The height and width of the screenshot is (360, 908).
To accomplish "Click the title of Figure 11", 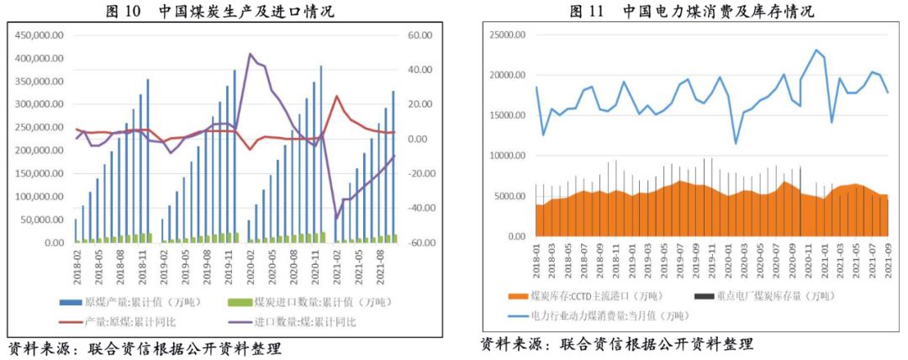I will (691, 12).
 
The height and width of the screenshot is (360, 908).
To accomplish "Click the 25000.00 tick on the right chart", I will (507, 35).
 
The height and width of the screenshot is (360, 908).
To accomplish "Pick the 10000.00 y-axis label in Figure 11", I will (507, 156).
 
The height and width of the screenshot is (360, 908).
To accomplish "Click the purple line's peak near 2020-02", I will (250, 54).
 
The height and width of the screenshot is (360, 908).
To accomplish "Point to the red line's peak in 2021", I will (336, 96).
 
